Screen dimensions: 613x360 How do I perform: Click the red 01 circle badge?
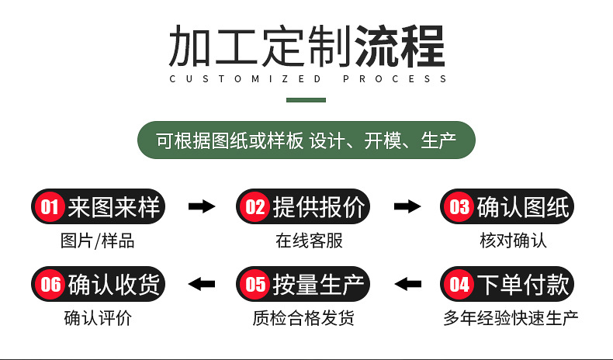[x=50, y=207]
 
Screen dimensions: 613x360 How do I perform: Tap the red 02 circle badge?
[x=255, y=207]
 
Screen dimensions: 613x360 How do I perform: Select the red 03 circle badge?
[x=460, y=207]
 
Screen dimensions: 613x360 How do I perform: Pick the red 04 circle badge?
[x=460, y=285]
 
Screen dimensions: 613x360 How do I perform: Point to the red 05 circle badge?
[x=255, y=285]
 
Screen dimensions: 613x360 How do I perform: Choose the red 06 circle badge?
[x=50, y=285]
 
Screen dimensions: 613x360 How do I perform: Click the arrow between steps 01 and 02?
[x=202, y=206]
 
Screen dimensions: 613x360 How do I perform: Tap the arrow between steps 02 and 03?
[x=407, y=206]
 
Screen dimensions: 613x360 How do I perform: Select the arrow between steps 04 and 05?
[x=407, y=284]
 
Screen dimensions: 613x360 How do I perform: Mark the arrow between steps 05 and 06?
[x=202, y=284]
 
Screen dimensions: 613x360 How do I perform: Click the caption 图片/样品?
[x=97, y=241]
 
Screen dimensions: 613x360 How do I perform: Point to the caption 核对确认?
[x=513, y=241]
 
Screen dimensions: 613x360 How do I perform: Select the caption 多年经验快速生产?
[x=511, y=318]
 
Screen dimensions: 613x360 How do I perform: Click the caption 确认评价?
[x=98, y=318]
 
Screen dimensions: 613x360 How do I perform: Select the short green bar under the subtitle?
[x=306, y=99]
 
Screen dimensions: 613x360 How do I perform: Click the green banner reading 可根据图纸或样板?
[x=306, y=141]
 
